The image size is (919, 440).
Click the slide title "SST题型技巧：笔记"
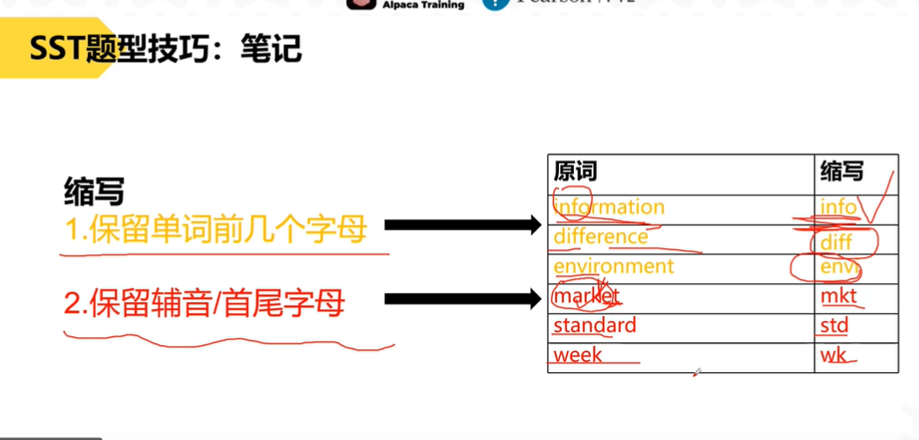(x=166, y=49)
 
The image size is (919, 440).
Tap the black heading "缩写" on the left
(x=94, y=190)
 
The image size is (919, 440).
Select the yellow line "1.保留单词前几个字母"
(x=216, y=230)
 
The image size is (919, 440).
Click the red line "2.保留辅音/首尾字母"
(x=204, y=304)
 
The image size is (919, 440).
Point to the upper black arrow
(x=462, y=226)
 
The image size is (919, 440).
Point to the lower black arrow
(x=462, y=300)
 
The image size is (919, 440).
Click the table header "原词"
(x=575, y=170)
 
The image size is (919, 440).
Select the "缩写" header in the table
(x=842, y=170)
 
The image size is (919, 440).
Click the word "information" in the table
(x=609, y=208)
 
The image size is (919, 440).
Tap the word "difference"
(x=600, y=237)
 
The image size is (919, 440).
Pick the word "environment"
(x=614, y=266)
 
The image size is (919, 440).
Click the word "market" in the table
(x=586, y=296)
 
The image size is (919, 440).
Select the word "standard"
(x=594, y=326)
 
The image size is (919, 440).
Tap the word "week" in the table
(x=577, y=355)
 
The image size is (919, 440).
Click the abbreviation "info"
(x=838, y=208)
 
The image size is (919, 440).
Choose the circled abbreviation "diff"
(x=836, y=239)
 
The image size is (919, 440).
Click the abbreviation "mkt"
(x=838, y=297)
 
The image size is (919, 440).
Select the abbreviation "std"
(x=834, y=326)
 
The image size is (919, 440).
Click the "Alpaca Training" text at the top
(x=423, y=4)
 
